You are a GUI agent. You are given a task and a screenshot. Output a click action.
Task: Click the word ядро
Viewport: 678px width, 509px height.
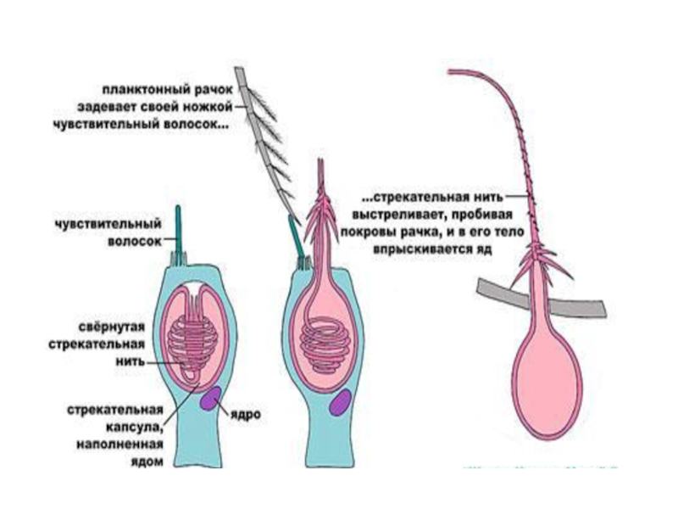point(244,415)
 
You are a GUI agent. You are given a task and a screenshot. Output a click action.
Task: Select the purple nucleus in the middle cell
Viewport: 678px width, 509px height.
point(342,402)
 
